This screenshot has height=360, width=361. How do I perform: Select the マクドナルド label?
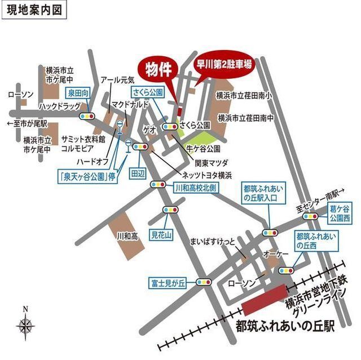coord(130,104)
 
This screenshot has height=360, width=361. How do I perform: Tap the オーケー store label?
coord(275,255)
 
